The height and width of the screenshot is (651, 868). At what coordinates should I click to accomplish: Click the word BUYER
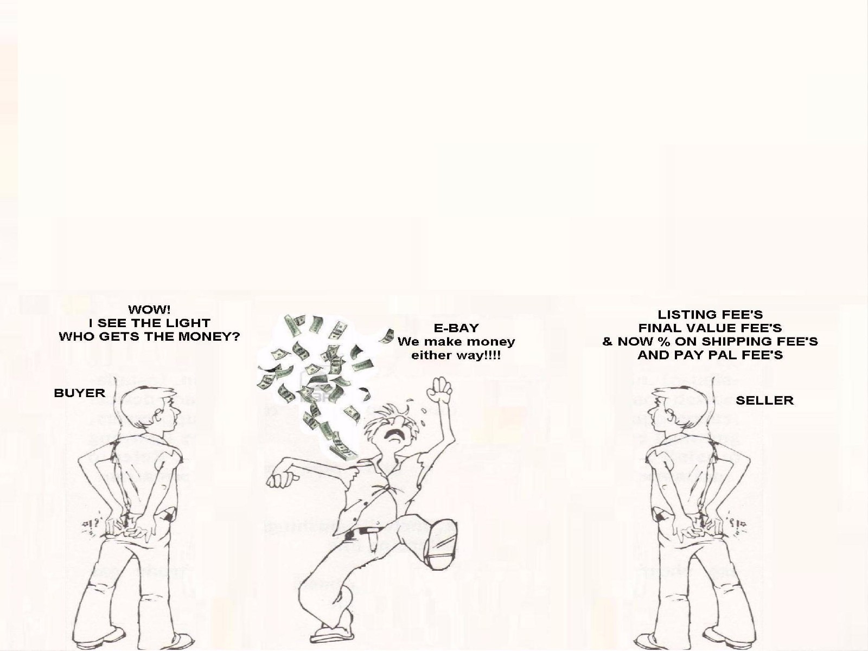80,393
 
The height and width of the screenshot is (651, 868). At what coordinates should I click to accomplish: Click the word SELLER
764,400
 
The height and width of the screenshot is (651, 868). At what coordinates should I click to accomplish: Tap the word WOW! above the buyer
149,309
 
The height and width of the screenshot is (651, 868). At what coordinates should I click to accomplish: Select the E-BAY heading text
456,328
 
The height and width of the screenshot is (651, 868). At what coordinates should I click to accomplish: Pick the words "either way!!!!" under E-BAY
456,355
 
